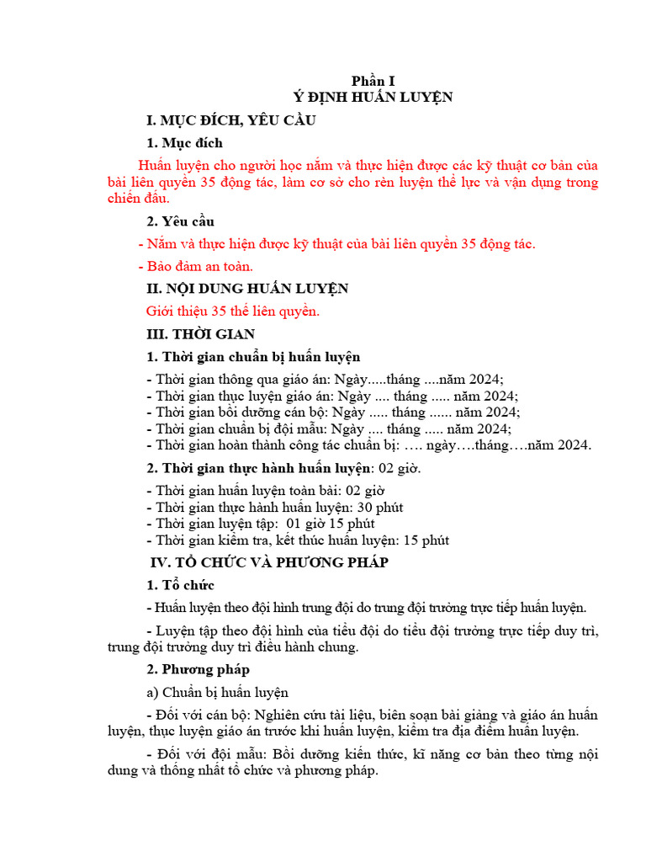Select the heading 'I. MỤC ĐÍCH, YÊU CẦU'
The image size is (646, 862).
pyautogui.click(x=230, y=120)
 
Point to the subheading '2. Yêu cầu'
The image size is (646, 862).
pyautogui.click(x=180, y=221)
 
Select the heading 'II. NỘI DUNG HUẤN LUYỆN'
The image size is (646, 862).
pyautogui.click(x=247, y=289)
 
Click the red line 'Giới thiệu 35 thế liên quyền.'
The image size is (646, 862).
pyautogui.click(x=232, y=311)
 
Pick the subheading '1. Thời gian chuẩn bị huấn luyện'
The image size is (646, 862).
pyautogui.click(x=253, y=357)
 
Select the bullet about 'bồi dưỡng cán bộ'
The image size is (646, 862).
pyautogui.click(x=333, y=412)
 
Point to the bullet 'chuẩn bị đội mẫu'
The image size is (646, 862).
pyautogui.click(x=328, y=428)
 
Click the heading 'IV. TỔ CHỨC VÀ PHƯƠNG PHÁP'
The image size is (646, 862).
pyautogui.click(x=267, y=561)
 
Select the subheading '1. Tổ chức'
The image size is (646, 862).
pyautogui.click(x=180, y=584)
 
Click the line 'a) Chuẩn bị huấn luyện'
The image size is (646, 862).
pyautogui.click(x=217, y=692)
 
